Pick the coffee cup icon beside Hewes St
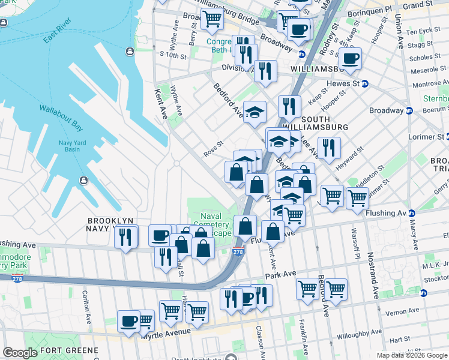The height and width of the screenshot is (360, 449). coord(350,58)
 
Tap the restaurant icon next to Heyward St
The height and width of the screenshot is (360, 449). coord(328,147)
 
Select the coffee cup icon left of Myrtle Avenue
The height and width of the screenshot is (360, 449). coord(128,321)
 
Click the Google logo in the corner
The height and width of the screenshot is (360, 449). coord(20,353)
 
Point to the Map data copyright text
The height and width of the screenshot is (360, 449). coord(412,355)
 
